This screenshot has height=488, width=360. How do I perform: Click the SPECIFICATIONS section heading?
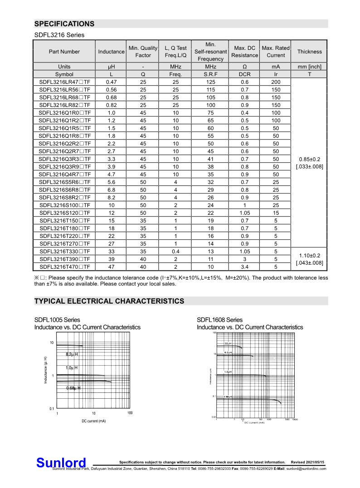64,24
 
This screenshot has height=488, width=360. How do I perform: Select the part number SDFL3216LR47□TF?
64,82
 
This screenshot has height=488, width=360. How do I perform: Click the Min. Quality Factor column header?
143,52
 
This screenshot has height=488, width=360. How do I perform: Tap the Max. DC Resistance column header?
244,52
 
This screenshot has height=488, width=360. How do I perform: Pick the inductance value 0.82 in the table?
111,105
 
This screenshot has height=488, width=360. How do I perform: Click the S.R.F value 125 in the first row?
210,82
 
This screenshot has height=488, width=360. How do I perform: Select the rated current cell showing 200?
276,82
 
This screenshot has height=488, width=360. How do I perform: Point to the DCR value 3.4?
244,267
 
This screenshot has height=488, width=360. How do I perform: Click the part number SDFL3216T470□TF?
64,267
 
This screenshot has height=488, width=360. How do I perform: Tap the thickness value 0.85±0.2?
309,159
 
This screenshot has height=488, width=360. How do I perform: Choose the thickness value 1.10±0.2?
309,256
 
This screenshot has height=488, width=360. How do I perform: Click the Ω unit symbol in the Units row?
244,67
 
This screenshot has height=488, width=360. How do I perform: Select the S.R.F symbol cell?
210,74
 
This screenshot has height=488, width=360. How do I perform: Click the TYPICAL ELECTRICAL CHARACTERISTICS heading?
109,301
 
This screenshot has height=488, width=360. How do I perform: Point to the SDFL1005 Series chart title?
57,320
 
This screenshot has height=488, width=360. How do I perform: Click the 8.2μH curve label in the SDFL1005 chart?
72,354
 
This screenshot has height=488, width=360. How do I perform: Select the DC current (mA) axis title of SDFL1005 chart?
93,421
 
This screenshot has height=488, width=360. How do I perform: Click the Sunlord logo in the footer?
61,463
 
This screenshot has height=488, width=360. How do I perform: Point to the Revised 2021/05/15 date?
308,462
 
